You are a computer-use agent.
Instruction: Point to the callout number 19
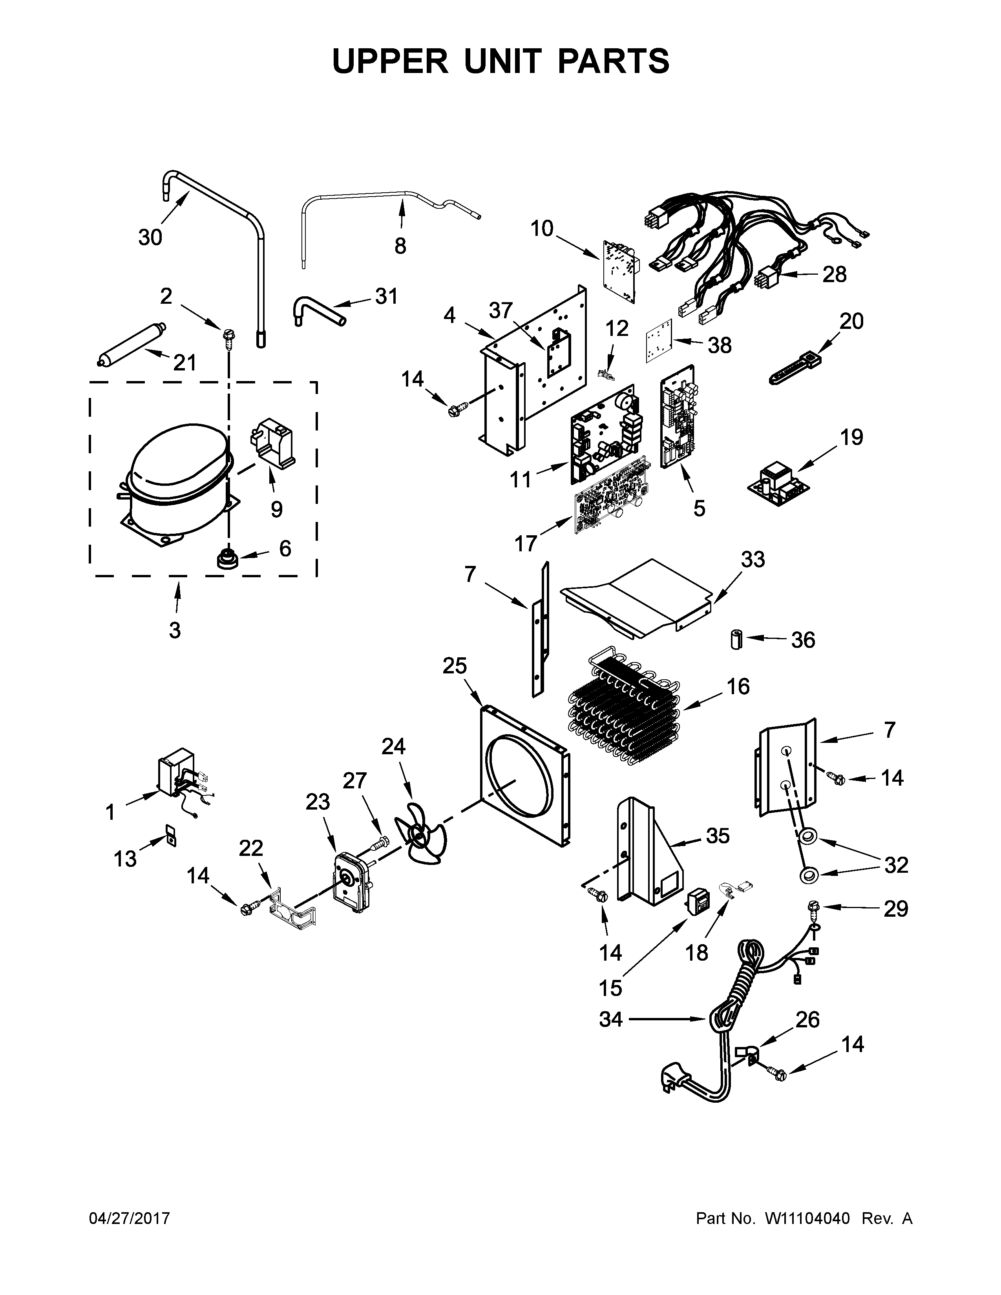click(851, 438)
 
